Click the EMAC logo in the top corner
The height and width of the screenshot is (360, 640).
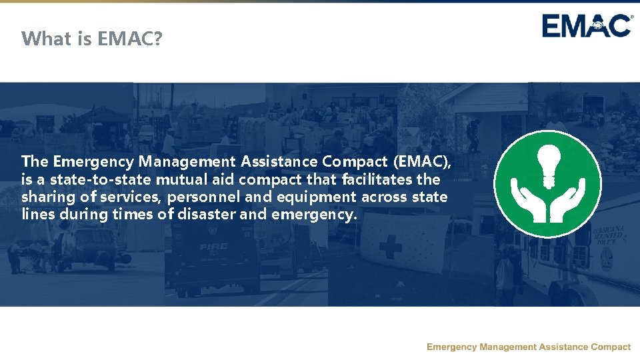587,26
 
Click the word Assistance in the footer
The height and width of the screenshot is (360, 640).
562,347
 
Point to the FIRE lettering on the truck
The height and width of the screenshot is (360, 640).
213,247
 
